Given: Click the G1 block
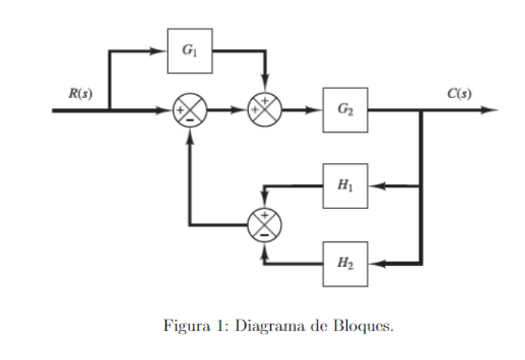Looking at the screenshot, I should [189, 51].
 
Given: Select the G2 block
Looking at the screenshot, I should [345, 109].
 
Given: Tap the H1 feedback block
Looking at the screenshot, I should [345, 185].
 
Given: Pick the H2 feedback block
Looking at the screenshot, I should [345, 263].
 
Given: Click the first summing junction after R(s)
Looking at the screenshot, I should [189, 110].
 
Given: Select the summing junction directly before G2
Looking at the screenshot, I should [265, 110].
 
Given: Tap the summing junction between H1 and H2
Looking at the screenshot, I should [264, 224].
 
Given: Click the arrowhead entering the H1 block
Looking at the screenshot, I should [377, 185].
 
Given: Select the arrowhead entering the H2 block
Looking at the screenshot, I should [377, 263].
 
